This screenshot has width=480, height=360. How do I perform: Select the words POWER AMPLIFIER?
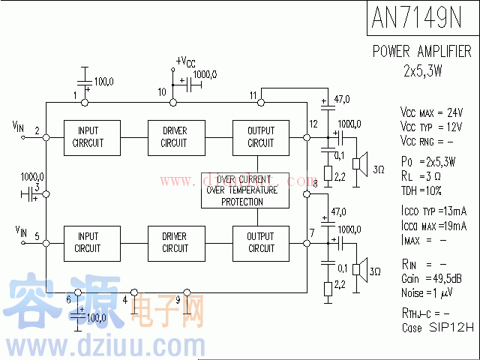pyautogui.click(x=422, y=51)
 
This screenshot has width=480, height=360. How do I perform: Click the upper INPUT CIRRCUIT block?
pyautogui.click(x=88, y=137)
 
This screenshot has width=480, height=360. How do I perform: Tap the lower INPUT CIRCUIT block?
pyautogui.click(x=88, y=243)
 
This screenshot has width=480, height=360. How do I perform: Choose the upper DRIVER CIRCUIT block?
pyautogui.click(x=174, y=137)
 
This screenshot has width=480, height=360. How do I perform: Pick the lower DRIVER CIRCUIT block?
pyautogui.click(x=174, y=243)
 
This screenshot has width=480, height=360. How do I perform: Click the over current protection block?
pyautogui.click(x=241, y=190)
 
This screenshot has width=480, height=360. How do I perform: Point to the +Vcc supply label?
pyautogui.click(x=186, y=61)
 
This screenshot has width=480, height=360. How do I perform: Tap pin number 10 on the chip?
pyautogui.click(x=161, y=91)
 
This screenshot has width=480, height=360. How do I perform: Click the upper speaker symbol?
pyautogui.click(x=361, y=161)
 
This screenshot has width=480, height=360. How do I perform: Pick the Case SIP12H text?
pyautogui.click(x=438, y=328)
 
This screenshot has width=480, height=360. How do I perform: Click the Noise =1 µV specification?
pyautogui.click(x=428, y=291)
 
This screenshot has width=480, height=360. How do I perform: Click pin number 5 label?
pyautogui.click(x=36, y=235)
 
